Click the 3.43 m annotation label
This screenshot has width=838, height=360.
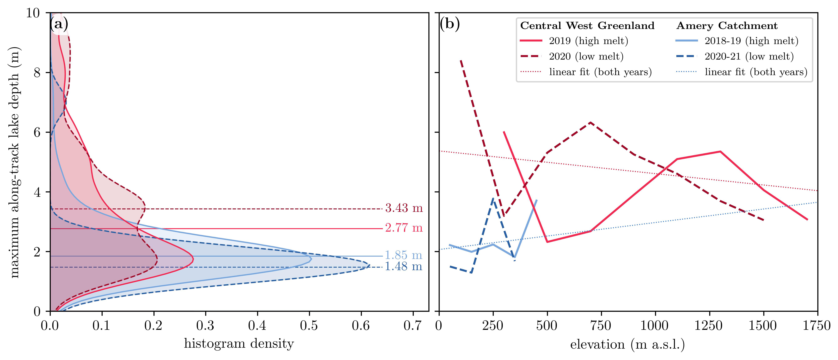coord(404,208)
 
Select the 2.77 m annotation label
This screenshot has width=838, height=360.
coord(404,228)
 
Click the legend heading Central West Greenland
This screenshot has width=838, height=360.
coord(587,26)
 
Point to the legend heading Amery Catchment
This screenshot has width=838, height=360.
coord(727,26)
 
